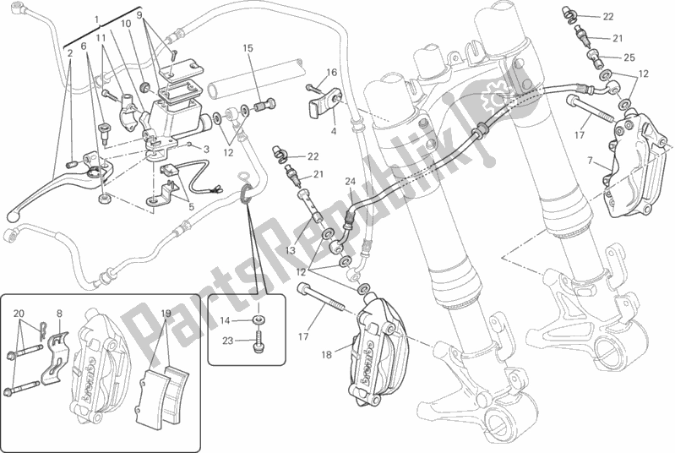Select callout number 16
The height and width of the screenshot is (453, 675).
(332, 73)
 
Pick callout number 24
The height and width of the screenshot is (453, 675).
(349, 181)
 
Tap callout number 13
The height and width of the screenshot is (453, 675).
(289, 250)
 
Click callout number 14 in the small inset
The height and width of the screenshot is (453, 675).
(226, 321)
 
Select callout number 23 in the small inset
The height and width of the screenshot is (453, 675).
(226, 341)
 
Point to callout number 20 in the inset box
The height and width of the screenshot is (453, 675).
(19, 314)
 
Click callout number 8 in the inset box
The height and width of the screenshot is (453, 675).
(59, 314)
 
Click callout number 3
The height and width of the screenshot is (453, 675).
(204, 148)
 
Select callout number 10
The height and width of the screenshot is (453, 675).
(127, 25)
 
